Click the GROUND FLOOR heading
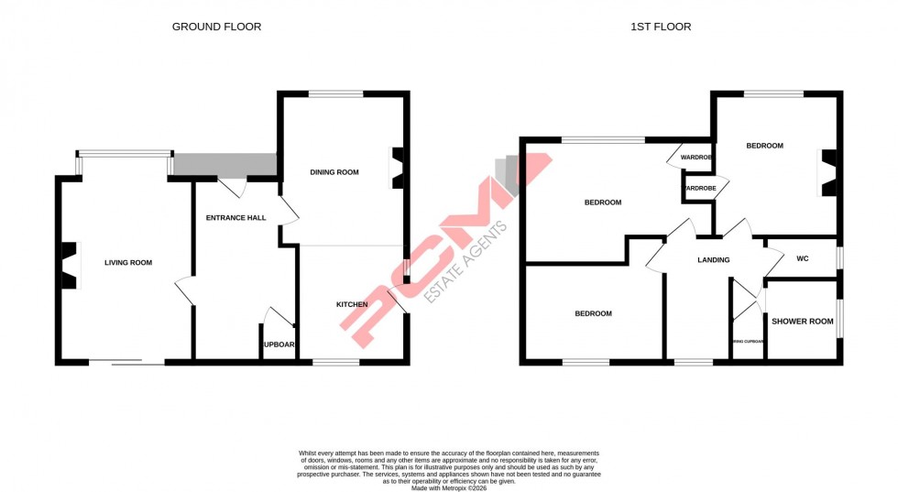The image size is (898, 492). pyautogui.click(x=216, y=27)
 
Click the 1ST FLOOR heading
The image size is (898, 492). pyautogui.click(x=661, y=27)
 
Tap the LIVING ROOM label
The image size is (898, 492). pyautogui.click(x=127, y=263)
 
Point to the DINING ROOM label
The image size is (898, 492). pyautogui.click(x=334, y=172)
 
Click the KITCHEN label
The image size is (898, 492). pyautogui.click(x=352, y=304)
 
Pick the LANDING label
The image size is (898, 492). pyautogui.click(x=713, y=260)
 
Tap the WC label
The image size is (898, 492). pyautogui.click(x=802, y=259)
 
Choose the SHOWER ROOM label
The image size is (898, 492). pyautogui.click(x=802, y=322)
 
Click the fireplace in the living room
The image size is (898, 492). pyautogui.click(x=68, y=266)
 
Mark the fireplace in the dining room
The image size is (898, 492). pyautogui.click(x=397, y=169)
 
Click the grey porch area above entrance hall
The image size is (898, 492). pyautogui.click(x=224, y=165)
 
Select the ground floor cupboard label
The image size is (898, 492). pyautogui.click(x=279, y=345)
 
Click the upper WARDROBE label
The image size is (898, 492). pyautogui.click(x=696, y=158)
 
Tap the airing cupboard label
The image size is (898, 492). pyautogui.click(x=747, y=341)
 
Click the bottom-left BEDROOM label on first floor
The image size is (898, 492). pyautogui.click(x=593, y=314)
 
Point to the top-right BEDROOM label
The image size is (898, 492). pyautogui.click(x=764, y=146)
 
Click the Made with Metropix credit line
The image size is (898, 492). pyautogui.click(x=448, y=488)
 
